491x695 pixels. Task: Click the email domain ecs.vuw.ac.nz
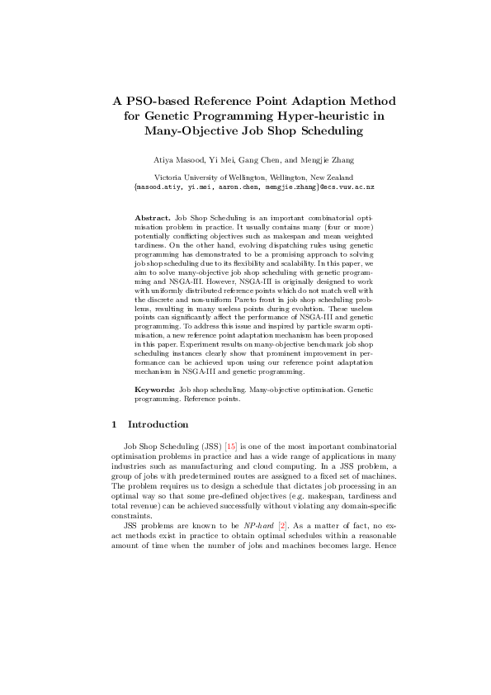[342, 187]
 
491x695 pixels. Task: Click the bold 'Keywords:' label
[155, 388]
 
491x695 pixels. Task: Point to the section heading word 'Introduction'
[158, 425]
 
